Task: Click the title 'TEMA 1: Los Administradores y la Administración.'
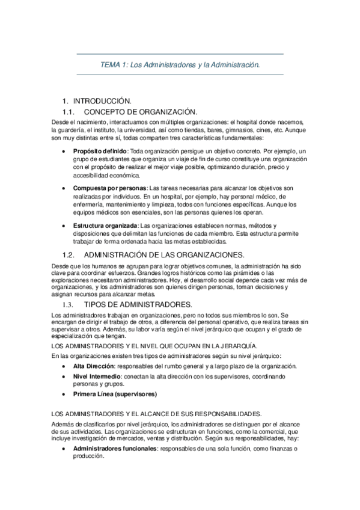click(180, 64)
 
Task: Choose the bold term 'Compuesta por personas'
click(109, 188)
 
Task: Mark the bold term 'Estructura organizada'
click(105, 226)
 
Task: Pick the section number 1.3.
click(69, 305)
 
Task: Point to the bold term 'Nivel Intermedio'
click(97, 376)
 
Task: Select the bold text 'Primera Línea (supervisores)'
click(114, 395)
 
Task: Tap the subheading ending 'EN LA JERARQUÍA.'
click(154, 346)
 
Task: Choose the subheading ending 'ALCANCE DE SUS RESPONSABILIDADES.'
click(156, 414)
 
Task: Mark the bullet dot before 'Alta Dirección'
click(64, 366)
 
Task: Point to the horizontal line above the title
click(180, 54)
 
